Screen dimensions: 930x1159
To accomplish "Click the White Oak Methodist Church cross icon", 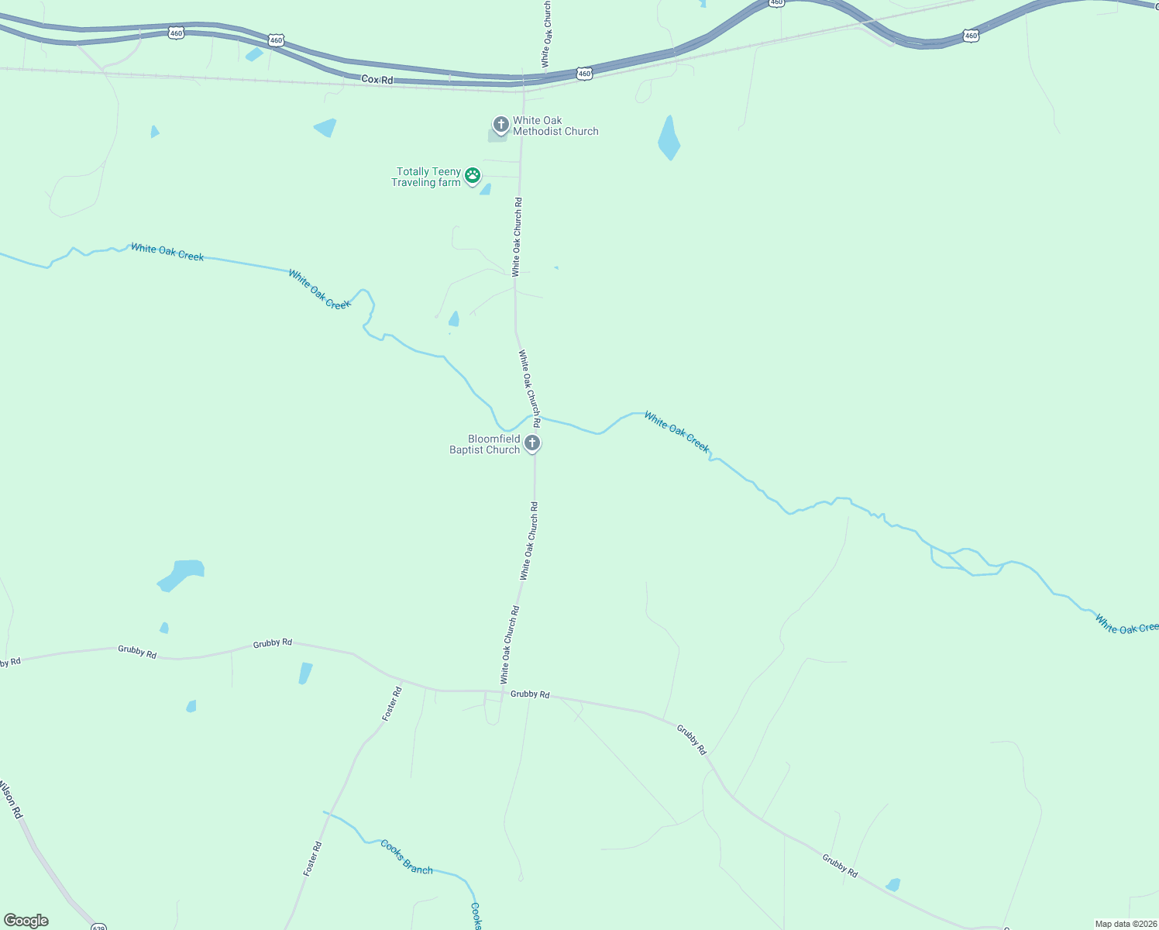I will pos(500,124).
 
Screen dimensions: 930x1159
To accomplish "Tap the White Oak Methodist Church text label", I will pos(555,126).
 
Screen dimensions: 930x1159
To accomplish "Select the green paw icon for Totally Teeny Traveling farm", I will pos(473,177).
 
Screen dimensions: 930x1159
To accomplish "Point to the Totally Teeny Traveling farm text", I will pos(427,177).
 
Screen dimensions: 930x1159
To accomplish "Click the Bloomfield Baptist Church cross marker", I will pos(532,443).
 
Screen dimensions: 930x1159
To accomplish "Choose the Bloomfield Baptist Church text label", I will pos(485,444).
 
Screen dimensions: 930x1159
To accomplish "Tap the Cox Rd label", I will pos(377,80).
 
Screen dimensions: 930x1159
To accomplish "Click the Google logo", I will pos(26,921).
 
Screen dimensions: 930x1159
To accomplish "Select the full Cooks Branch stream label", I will pos(406,856).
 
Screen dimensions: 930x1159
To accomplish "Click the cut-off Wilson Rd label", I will pos(10,801).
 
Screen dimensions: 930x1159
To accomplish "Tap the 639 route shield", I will pos(98,927).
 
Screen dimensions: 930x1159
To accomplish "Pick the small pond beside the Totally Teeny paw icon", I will pos(486,189).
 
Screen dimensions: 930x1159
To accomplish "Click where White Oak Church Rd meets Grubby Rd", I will pos(503,691).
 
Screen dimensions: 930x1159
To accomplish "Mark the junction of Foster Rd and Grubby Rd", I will pos(401,680).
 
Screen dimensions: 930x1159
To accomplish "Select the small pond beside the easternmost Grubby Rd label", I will pos(893,884).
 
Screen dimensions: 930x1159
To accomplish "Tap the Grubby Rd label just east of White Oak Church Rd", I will pos(530,694).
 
